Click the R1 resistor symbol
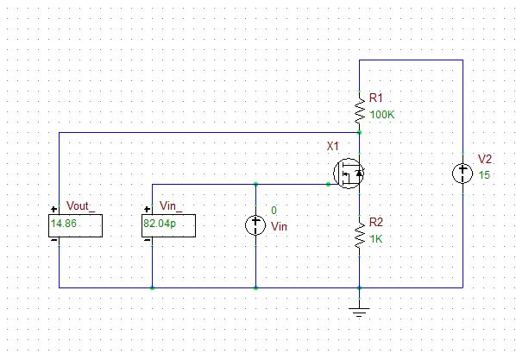360,109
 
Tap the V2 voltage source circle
463,174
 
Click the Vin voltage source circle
255,226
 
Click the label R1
374,98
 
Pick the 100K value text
381,115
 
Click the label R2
375,221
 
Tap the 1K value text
375,238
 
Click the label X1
334,148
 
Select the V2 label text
485,160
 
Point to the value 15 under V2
484,175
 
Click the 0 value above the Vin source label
274,211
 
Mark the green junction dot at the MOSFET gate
328,184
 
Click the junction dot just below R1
360,133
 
